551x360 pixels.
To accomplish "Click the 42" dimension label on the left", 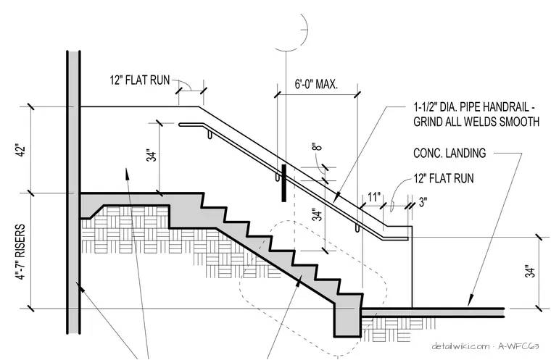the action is click(x=21, y=150).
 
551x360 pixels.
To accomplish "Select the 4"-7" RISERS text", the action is click(x=21, y=251).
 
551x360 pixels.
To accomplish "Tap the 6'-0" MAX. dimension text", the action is click(x=316, y=84).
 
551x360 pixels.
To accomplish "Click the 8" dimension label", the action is click(x=317, y=146).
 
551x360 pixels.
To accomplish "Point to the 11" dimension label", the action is click(x=374, y=197).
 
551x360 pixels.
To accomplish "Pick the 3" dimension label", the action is click(x=423, y=202).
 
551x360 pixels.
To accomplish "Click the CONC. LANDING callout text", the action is click(x=449, y=153).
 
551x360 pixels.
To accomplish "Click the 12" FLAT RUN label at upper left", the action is click(x=140, y=80).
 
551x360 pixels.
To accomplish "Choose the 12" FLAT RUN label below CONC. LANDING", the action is click(x=444, y=178).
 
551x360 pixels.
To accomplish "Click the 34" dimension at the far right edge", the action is click(x=530, y=271).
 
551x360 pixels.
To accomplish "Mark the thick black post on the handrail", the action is click(x=284, y=183).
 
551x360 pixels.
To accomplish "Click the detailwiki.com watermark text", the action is click(x=460, y=346).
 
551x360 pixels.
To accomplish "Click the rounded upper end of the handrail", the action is click(x=181, y=125).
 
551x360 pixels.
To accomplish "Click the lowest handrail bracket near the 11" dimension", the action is click(x=357, y=227).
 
